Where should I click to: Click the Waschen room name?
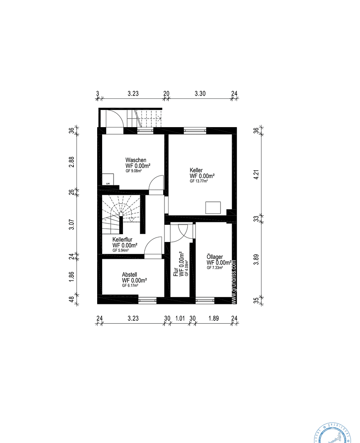136,160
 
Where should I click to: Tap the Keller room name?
196,170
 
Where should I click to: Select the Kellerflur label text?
122,240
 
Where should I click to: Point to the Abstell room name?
129,274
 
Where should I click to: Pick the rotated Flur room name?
176,272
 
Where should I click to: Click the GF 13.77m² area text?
198,181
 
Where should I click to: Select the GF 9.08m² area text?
134,171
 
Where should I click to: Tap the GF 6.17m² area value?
130,285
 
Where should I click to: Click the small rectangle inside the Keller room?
213,208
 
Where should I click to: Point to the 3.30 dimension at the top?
200,94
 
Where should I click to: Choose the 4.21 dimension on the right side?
256,174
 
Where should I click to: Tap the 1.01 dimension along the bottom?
180,318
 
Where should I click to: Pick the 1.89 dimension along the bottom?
213,318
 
